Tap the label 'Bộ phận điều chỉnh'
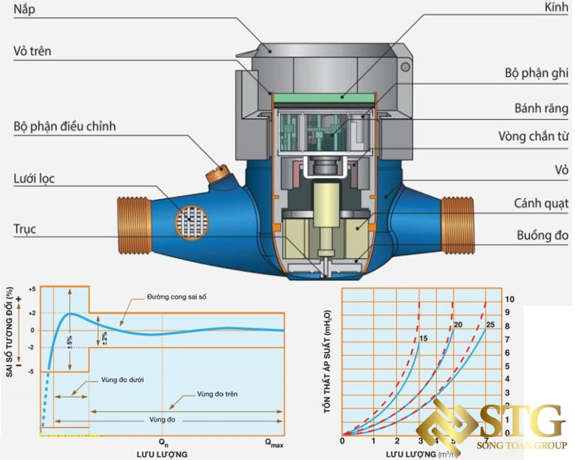coord(65,127)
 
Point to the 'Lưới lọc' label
coord(34,179)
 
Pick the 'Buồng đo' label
coord(542,235)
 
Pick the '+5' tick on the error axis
coord(32,288)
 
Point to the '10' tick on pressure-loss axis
coord(510,298)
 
